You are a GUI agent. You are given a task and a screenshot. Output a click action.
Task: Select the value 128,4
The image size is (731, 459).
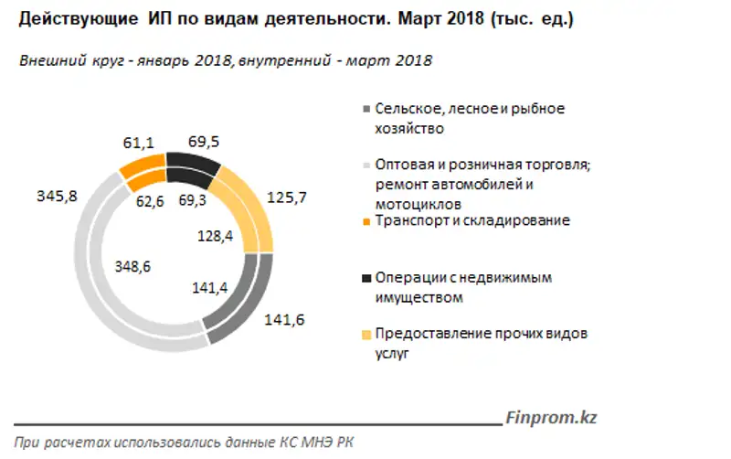coord(217,237)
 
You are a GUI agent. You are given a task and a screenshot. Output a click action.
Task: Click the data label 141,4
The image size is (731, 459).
coord(212,288)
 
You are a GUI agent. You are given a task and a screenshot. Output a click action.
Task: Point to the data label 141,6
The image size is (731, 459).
coord(283,320)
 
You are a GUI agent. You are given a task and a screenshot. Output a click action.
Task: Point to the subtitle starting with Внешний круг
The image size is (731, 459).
coord(225,60)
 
